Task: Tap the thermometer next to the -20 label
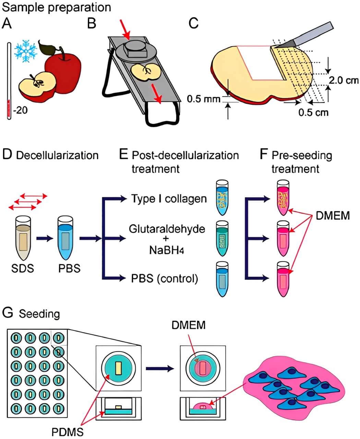click(9, 81)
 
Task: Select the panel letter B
click(92, 24)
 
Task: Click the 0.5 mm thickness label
click(203, 99)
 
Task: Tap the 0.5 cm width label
click(313, 112)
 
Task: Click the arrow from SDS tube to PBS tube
click(45, 238)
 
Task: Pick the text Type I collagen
click(169, 199)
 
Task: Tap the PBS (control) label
click(165, 278)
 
